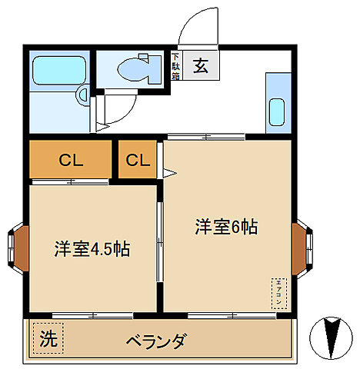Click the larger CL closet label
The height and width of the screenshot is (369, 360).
pyautogui.click(x=71, y=161)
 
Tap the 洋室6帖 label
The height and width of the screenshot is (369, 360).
pyautogui.click(x=225, y=227)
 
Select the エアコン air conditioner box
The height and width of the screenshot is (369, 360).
pyautogui.click(x=278, y=291)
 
